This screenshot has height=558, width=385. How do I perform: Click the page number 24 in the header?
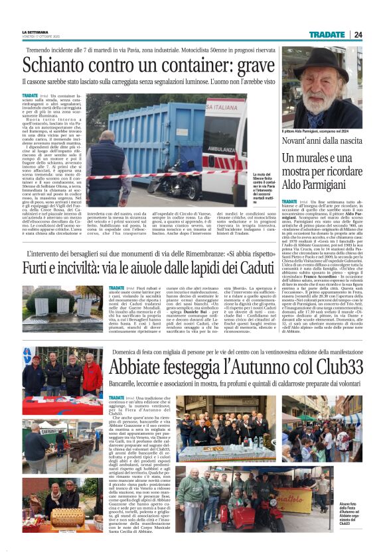358,34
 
